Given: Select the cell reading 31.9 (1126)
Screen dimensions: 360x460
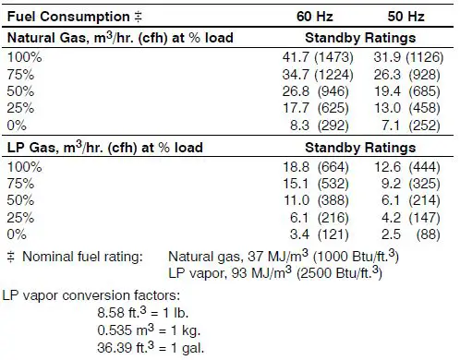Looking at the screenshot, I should (x=407, y=57).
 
